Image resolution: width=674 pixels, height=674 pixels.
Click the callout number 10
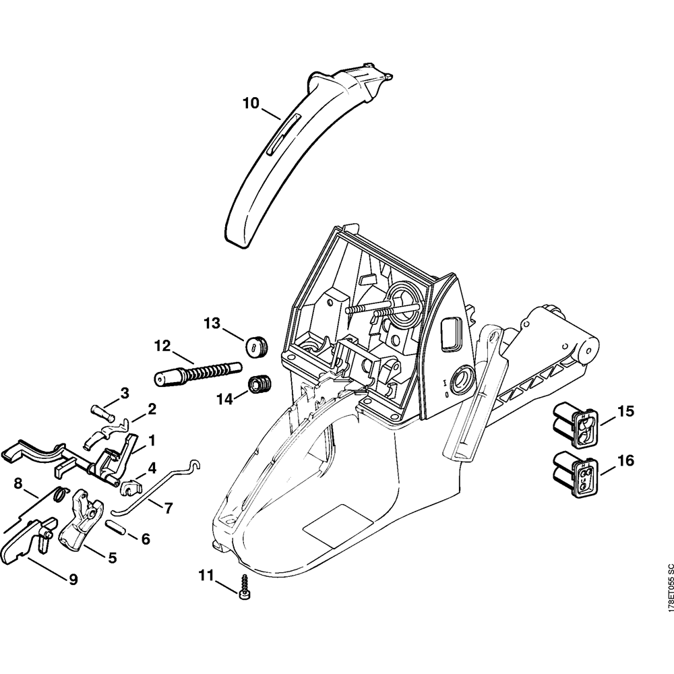click(x=251, y=103)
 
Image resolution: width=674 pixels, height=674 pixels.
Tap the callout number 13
click(x=212, y=324)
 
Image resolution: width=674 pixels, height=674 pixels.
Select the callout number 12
click(x=162, y=346)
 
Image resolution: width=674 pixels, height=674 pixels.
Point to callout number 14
click(x=224, y=398)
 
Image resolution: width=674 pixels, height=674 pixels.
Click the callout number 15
click(x=625, y=410)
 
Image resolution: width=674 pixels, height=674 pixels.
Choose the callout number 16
click(x=625, y=461)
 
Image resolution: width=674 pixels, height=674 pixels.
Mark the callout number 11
click(x=206, y=574)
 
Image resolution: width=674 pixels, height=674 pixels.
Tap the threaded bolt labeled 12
click(x=195, y=373)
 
